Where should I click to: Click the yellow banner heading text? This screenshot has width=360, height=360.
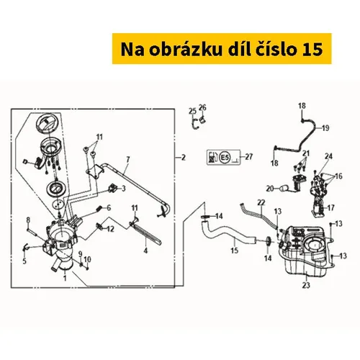[x=222, y=49]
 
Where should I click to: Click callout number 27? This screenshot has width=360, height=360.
[x=249, y=157]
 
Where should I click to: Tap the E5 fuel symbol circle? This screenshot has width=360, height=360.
[x=225, y=158]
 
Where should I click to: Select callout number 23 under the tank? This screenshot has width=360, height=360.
[x=306, y=285]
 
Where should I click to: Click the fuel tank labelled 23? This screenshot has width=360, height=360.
[x=305, y=252]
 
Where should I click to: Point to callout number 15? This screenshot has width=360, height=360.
[x=235, y=251]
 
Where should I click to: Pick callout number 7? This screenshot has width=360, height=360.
[x=128, y=159]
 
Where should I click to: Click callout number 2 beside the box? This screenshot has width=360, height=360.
[x=184, y=158]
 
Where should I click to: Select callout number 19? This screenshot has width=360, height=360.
[x=325, y=128]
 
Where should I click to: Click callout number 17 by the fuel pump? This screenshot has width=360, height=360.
[x=330, y=207]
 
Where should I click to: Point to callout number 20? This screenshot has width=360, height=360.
[x=270, y=189]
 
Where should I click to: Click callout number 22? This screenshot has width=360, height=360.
[x=261, y=202]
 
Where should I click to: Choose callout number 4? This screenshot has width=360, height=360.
[x=145, y=251]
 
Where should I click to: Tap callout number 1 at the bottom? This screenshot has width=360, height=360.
[x=65, y=278]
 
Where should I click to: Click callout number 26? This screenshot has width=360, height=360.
[x=202, y=107]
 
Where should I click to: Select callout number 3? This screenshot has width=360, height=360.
[x=123, y=189]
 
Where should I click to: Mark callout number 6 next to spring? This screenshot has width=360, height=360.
[x=109, y=208]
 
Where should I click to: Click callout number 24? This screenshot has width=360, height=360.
[x=328, y=156]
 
